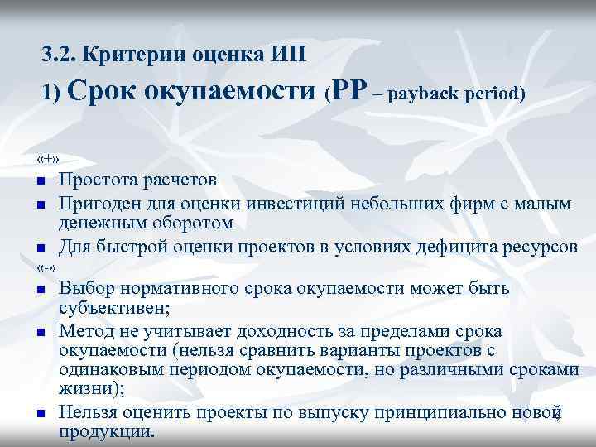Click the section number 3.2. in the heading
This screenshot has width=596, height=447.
(59, 55)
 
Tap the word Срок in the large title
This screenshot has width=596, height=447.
(107, 92)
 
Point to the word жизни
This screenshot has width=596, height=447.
(84, 390)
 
